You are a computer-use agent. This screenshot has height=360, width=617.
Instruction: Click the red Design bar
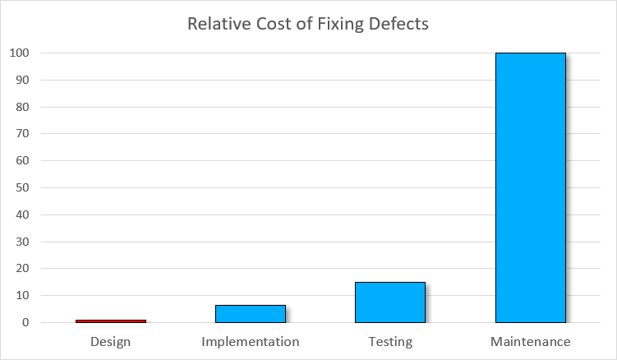click(x=111, y=321)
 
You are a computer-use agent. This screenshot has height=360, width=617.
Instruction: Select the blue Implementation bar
click(x=251, y=314)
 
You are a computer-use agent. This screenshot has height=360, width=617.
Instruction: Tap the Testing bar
click(x=390, y=302)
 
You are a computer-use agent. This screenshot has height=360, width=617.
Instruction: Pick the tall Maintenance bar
click(x=530, y=187)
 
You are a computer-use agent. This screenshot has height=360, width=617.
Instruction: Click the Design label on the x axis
click(x=110, y=341)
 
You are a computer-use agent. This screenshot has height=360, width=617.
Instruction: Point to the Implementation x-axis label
click(x=251, y=341)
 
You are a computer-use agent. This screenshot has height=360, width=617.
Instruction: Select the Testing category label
click(x=390, y=341)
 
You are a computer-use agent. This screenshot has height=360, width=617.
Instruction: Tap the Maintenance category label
click(x=530, y=341)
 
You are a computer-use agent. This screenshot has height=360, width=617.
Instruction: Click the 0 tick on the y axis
click(x=25, y=323)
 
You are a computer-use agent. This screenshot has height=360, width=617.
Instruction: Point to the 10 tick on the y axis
click(x=22, y=296)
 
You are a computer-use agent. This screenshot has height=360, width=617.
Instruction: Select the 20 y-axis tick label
click(x=22, y=269)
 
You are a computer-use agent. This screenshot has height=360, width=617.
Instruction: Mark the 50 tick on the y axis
click(x=22, y=188)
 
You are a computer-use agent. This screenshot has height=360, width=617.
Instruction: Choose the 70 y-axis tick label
click(x=22, y=134)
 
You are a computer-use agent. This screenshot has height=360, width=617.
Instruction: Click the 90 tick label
click(x=22, y=81)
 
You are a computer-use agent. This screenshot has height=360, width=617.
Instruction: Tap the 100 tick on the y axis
click(x=20, y=53)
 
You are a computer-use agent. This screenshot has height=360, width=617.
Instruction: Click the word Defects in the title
click(x=398, y=23)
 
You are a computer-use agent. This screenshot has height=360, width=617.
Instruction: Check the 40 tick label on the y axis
click(x=22, y=215)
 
